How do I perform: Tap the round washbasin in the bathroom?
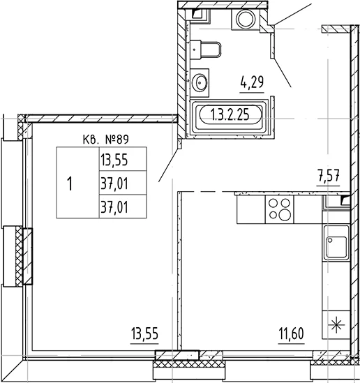click(x=200, y=82)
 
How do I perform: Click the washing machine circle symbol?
click(x=245, y=20)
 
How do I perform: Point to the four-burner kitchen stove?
click(x=280, y=209)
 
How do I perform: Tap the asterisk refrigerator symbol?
click(x=336, y=324)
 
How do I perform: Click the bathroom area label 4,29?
click(x=252, y=82)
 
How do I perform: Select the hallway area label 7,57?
click(x=328, y=176)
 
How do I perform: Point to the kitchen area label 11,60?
click(x=292, y=333)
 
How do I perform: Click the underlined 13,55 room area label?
click(x=144, y=333)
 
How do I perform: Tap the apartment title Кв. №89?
click(x=106, y=140)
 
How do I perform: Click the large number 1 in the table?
click(x=70, y=183)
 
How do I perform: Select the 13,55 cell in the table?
click(x=123, y=159)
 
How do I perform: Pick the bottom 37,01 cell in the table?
click(x=123, y=206)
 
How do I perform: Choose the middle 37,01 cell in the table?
click(x=123, y=183)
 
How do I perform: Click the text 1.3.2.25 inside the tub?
click(x=230, y=114)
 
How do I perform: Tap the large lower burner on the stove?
click(x=285, y=215)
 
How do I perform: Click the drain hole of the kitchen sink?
click(x=330, y=241)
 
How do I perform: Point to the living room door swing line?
click(x=169, y=165)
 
